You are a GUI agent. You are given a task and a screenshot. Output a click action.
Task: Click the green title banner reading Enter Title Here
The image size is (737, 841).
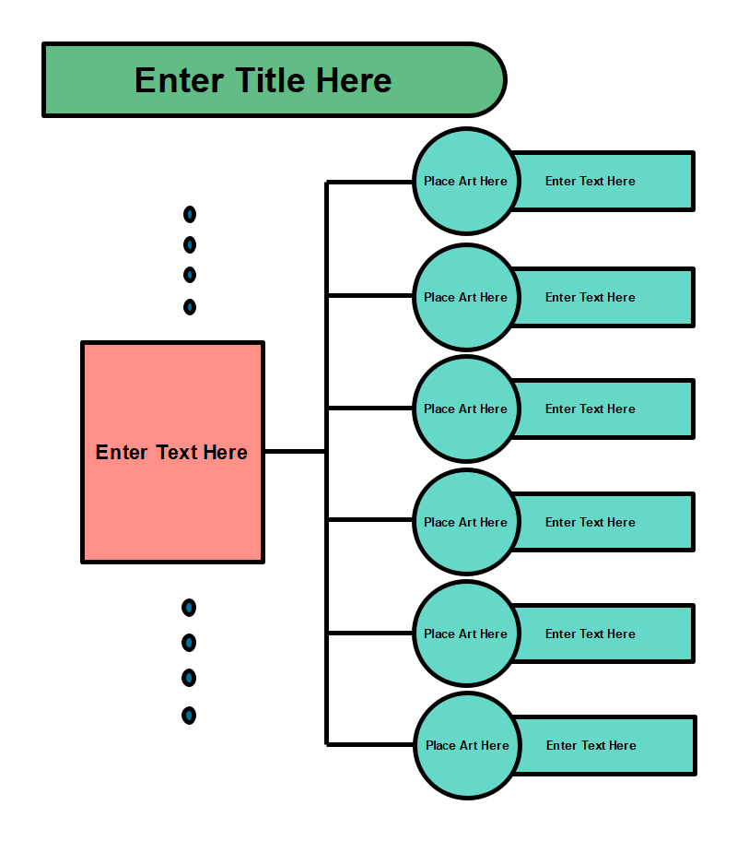pyautogui.click(x=273, y=80)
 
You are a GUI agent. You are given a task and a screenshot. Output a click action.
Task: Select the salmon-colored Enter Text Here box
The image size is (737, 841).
pyautogui.click(x=172, y=452)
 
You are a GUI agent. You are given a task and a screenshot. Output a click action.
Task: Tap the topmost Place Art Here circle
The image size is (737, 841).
pyautogui.click(x=465, y=181)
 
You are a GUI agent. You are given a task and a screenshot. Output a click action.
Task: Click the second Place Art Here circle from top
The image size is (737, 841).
pyautogui.click(x=465, y=297)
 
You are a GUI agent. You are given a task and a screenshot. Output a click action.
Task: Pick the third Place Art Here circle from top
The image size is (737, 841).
pyautogui.click(x=465, y=409)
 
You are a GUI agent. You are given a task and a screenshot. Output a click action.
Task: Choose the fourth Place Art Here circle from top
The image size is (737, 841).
pyautogui.click(x=465, y=522)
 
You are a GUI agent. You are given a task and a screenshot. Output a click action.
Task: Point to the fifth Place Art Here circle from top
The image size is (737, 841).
pyautogui.click(x=465, y=634)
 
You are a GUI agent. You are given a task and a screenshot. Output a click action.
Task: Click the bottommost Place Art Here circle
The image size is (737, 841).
pyautogui.click(x=467, y=745)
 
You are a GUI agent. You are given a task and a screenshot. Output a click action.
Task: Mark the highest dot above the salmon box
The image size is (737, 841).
pyautogui.click(x=190, y=215)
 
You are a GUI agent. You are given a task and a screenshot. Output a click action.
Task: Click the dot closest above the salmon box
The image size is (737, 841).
pyautogui.click(x=190, y=307)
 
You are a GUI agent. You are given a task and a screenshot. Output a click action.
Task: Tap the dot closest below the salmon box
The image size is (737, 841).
pyautogui.click(x=189, y=608)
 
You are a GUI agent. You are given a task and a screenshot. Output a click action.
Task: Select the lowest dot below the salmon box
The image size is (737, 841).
pyautogui.click(x=189, y=715)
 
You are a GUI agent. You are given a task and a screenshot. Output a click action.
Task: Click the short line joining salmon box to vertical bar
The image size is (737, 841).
pyautogui.click(x=295, y=451)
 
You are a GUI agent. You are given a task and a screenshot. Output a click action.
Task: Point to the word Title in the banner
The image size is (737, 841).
pyautogui.click(x=272, y=80)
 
